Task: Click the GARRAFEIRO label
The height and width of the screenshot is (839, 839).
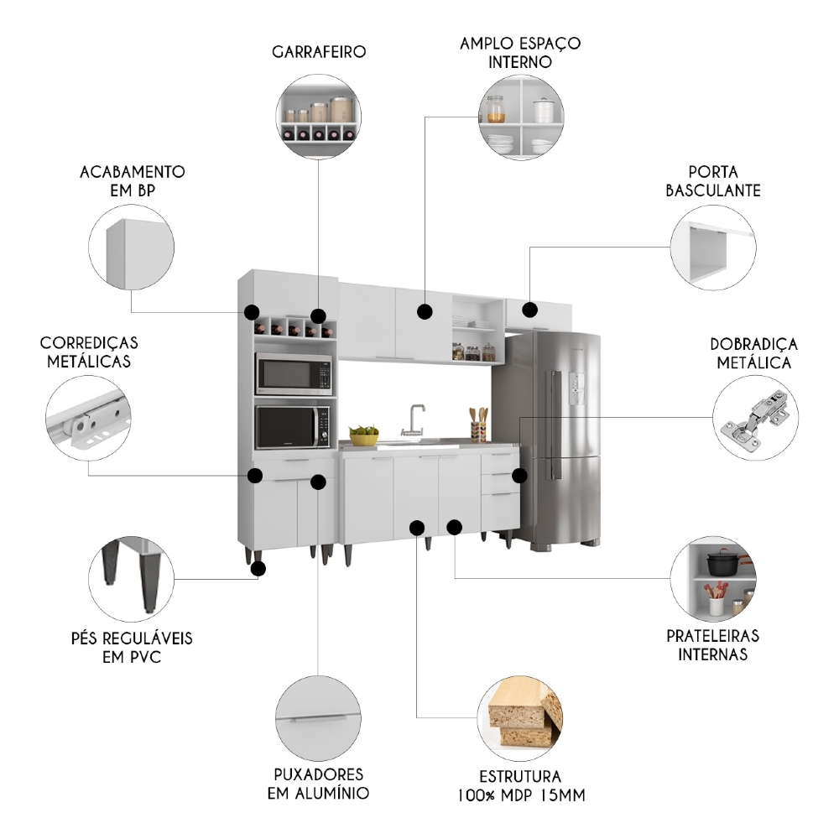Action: click(x=319, y=52)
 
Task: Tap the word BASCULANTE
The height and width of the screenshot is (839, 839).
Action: click(x=713, y=190)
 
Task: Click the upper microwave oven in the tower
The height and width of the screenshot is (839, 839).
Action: click(x=294, y=374)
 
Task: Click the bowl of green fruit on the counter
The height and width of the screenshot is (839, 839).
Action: click(x=364, y=435)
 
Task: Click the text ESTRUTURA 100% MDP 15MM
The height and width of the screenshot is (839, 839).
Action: click(x=521, y=785)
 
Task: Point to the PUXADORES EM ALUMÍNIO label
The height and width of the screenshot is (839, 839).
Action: click(x=319, y=784)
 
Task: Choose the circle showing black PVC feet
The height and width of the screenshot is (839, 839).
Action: click(x=131, y=579)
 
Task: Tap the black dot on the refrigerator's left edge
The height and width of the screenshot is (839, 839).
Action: click(x=519, y=475)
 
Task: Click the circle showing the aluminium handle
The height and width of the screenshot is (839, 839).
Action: click(x=319, y=718)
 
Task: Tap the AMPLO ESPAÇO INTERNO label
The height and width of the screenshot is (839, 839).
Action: click(x=520, y=52)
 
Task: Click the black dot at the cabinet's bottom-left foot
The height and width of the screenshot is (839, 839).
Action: click(x=258, y=568)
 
